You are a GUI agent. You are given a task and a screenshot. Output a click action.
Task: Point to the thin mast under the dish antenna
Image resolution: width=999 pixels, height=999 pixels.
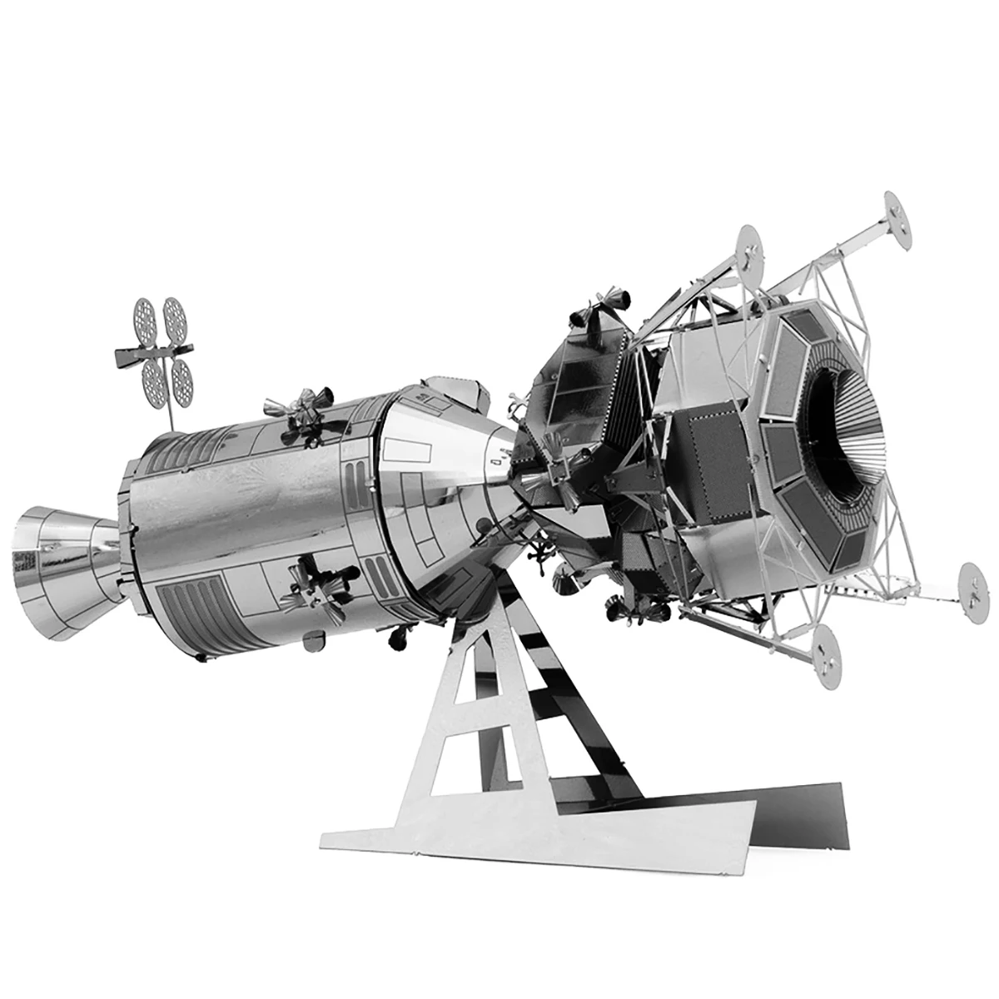169,408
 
